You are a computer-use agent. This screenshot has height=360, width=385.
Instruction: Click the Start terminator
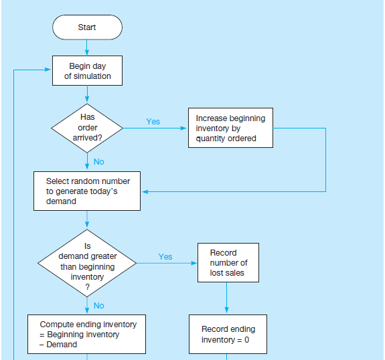tap(87, 27)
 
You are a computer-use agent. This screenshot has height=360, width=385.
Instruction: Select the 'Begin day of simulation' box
tap(87, 71)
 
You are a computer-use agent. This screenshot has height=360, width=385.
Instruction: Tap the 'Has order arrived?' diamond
tap(87, 128)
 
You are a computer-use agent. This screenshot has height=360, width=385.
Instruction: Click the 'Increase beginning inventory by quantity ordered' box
tap(230, 128)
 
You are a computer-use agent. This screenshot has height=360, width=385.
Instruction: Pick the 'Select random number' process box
tap(87, 191)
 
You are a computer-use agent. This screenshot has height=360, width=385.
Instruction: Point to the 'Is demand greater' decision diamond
tap(87, 263)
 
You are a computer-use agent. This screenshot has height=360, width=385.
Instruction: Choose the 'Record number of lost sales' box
tap(228, 262)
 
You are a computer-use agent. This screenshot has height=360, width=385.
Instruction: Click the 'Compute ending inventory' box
tap(86, 334)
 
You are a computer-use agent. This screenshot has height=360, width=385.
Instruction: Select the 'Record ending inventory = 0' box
tap(228, 334)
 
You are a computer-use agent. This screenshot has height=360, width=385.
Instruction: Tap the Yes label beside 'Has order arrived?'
tap(153, 122)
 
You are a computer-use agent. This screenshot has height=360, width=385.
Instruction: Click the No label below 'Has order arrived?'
tap(98, 162)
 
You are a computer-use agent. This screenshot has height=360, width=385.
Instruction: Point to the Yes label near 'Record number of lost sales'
tap(165, 257)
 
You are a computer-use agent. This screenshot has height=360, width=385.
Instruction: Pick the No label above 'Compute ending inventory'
tap(98, 306)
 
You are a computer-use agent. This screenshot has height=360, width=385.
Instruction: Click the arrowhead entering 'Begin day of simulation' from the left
tap(48, 70)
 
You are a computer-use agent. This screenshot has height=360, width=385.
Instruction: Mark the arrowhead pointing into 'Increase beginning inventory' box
tap(183, 128)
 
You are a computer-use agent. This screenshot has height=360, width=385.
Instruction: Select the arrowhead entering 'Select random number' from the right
tap(145, 191)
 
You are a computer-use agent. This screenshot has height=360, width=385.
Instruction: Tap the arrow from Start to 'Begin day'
tap(86, 48)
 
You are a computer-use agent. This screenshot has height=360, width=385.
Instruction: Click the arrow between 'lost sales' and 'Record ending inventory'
tap(226, 298)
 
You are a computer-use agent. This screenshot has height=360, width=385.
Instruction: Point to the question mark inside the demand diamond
tap(87, 287)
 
